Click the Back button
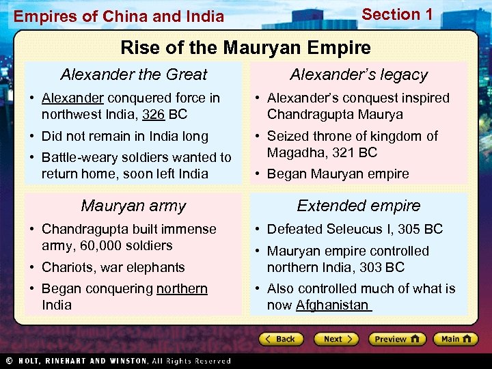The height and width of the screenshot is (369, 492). (x=280, y=339)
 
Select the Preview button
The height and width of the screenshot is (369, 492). (x=396, y=339)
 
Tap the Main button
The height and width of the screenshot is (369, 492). (x=456, y=339)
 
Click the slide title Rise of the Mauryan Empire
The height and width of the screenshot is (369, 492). (x=245, y=48)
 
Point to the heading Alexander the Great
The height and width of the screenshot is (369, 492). (x=134, y=74)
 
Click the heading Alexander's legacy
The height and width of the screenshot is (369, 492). (x=359, y=74)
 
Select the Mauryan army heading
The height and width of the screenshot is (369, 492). (x=133, y=206)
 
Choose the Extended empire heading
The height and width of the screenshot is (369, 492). (x=359, y=206)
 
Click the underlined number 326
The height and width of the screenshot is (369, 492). (x=154, y=114)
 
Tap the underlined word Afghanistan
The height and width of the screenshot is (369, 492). (x=332, y=305)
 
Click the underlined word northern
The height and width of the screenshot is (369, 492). (x=182, y=288)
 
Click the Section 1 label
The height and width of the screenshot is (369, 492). (x=397, y=14)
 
